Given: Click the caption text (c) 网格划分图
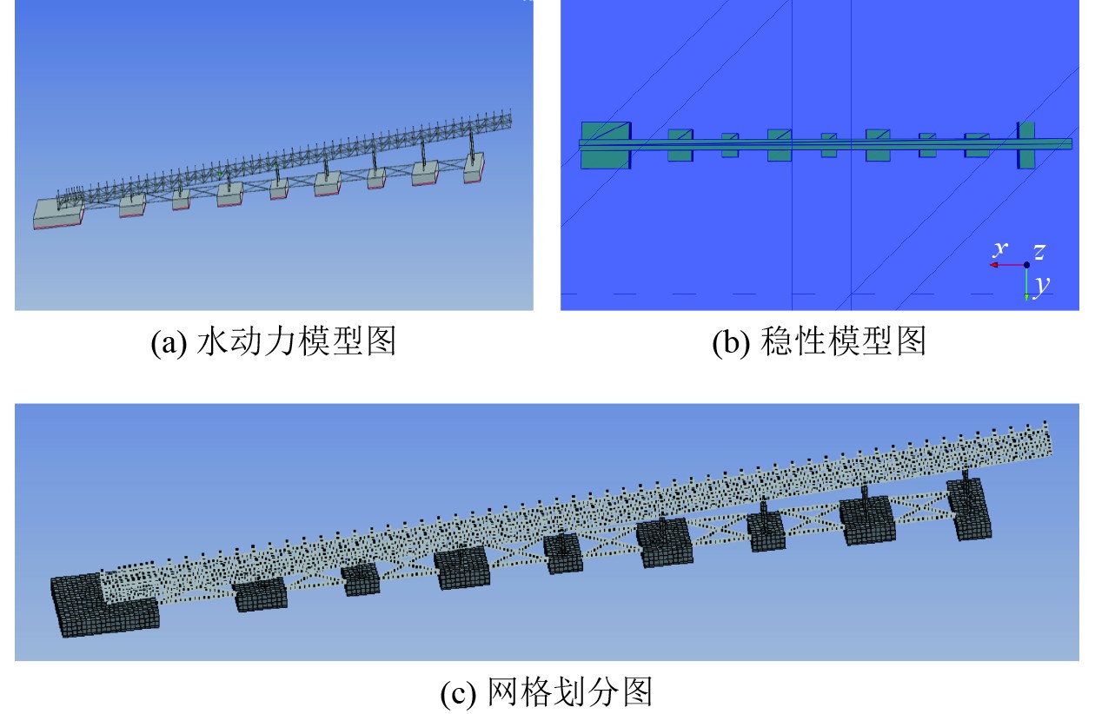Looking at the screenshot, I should point(547,692).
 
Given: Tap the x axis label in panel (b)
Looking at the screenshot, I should point(1001,249).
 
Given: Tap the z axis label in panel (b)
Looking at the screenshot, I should point(1039,252).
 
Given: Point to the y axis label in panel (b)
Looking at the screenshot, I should point(1039,282).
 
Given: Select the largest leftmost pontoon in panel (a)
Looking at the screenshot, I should point(57,214).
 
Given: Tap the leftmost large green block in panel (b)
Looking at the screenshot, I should point(605,144).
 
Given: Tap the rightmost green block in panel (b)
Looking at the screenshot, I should point(1025,144).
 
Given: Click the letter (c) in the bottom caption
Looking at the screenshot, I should point(457,693).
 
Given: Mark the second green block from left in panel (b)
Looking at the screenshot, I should point(680,144).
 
